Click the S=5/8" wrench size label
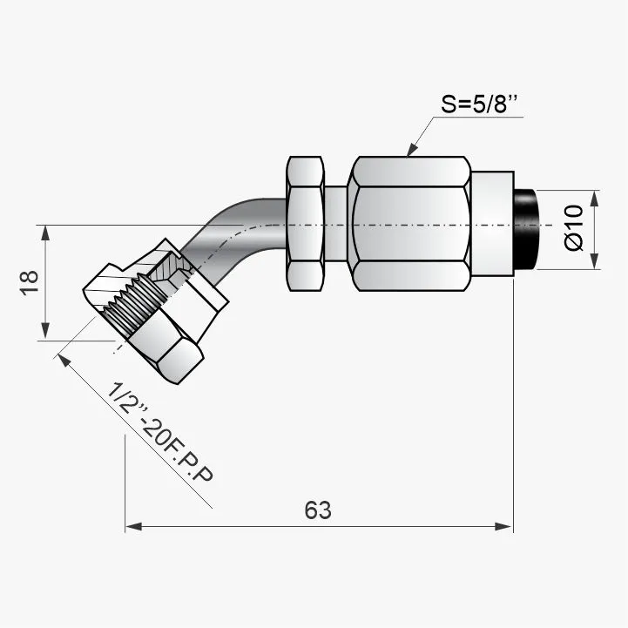(479, 104)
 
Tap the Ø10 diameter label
(574, 227)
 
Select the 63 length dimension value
(318, 510)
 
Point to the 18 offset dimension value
(30, 283)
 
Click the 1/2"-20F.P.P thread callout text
(160, 432)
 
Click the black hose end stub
(525, 229)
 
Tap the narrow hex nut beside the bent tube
(305, 224)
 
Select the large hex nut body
(409, 224)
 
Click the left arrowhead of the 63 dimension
(133, 526)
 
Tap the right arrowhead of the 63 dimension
(504, 526)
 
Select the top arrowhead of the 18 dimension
(45, 233)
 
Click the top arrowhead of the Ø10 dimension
(594, 199)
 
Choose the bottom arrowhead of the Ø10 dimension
(594, 261)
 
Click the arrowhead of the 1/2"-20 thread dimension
(64, 361)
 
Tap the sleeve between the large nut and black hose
(492, 224)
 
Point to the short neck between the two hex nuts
(335, 224)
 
